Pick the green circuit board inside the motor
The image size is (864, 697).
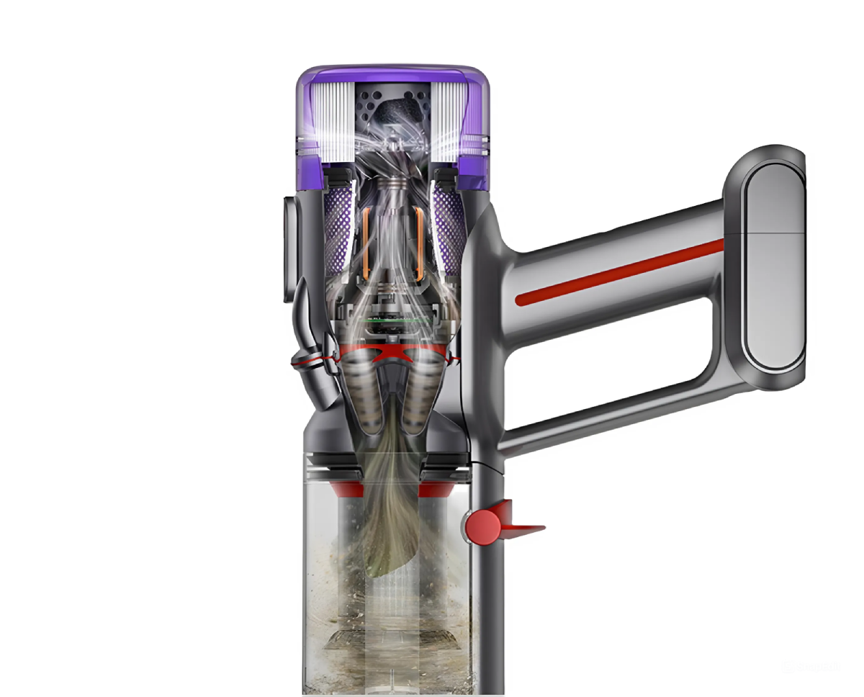[x=392, y=318]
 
